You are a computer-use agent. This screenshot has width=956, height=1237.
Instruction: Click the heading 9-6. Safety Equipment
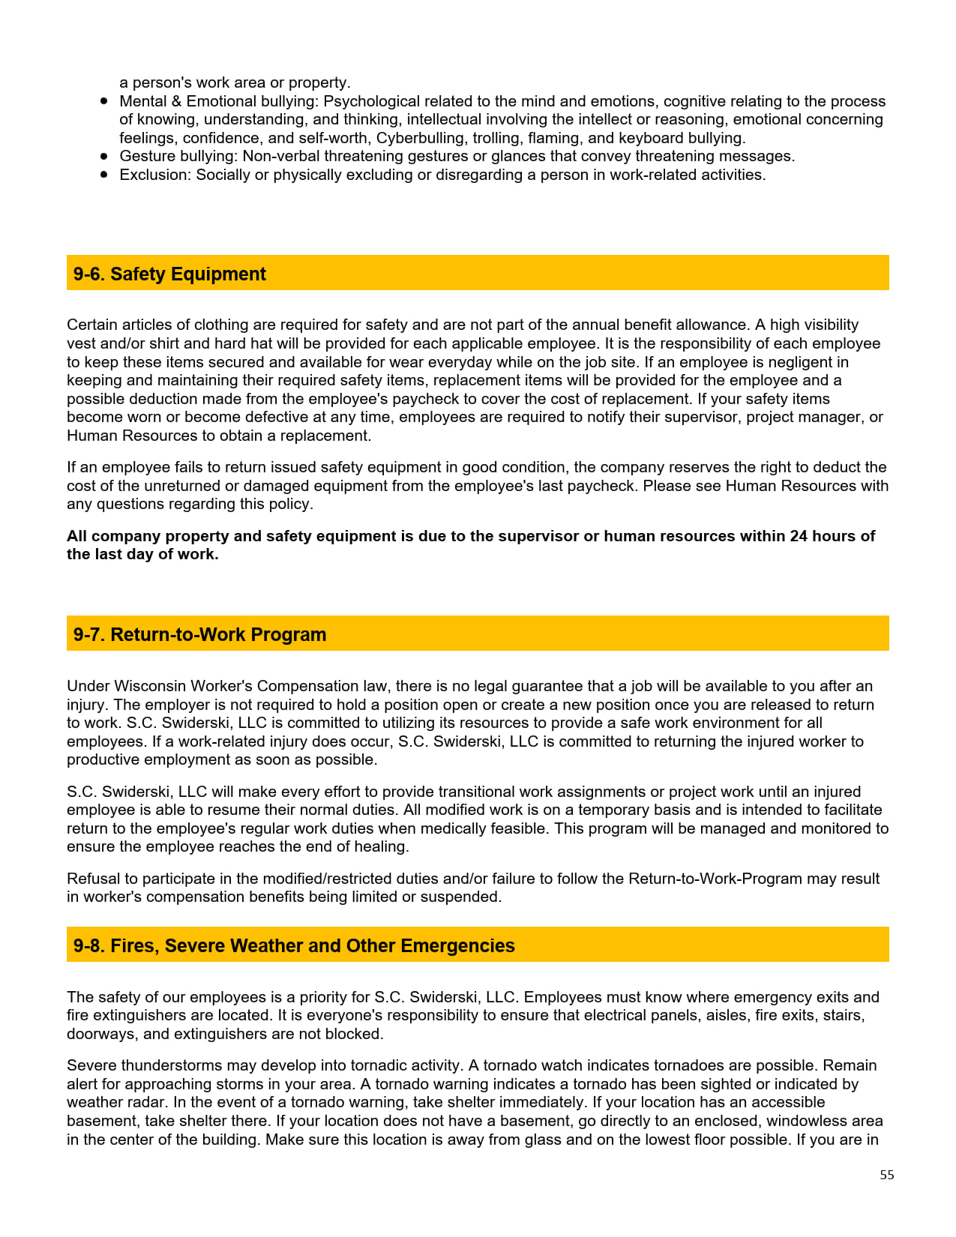click(x=169, y=274)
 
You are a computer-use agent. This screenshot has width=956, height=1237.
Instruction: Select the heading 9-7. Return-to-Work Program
click(x=199, y=635)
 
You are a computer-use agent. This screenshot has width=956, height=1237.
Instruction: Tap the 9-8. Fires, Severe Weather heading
click(x=294, y=946)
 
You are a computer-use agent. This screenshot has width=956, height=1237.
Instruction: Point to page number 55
click(x=887, y=1176)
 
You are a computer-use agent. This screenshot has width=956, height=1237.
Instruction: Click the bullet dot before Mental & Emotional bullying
click(x=104, y=101)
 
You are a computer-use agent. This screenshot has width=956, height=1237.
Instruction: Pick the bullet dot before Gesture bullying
click(x=104, y=156)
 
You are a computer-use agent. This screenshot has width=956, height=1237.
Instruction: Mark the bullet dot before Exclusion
click(x=104, y=175)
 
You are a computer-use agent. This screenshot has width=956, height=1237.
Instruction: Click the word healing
click(x=380, y=846)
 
